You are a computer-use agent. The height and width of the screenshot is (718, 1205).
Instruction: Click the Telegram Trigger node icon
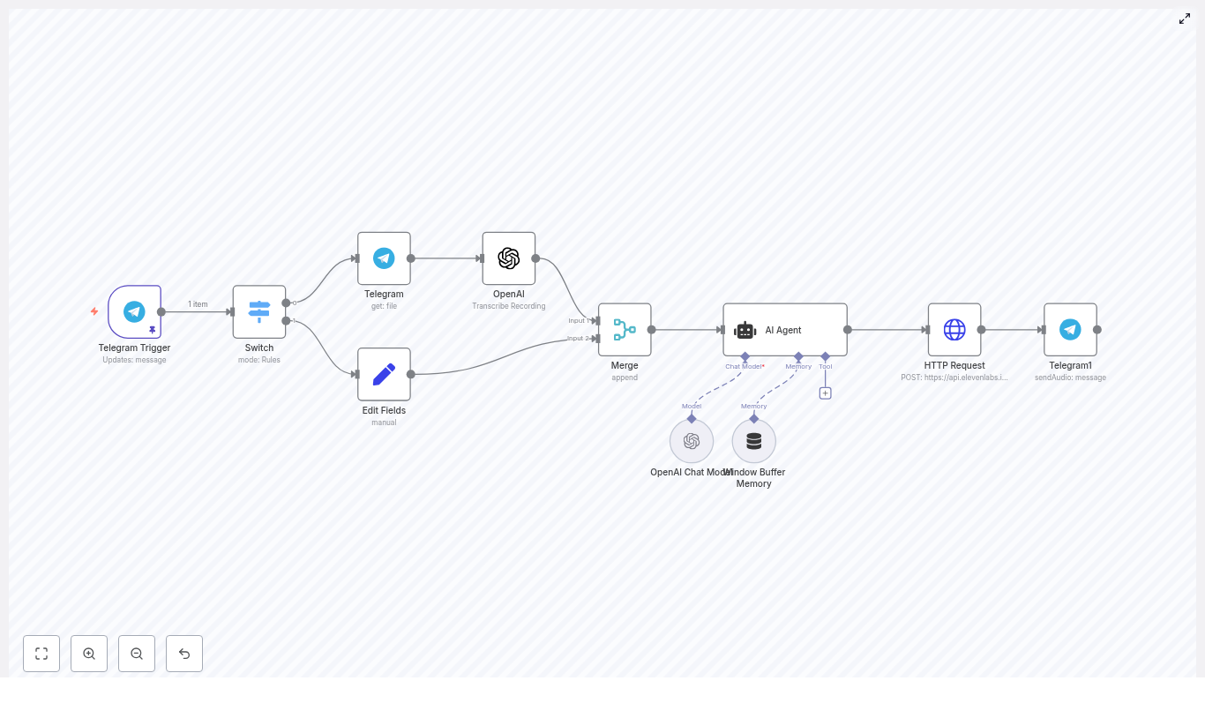click(x=134, y=311)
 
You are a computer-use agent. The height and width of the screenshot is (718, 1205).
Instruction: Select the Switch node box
click(x=259, y=311)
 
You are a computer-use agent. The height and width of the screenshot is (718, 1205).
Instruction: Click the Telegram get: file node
click(x=384, y=258)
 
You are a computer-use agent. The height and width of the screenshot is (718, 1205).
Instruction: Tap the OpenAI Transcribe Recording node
click(x=509, y=258)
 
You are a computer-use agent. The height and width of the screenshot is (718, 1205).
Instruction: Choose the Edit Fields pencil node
click(x=384, y=374)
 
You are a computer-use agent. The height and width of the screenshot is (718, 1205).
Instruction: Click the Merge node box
click(x=625, y=330)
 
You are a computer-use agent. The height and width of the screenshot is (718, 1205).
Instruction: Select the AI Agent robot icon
click(x=745, y=331)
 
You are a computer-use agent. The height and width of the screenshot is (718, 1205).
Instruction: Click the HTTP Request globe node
click(x=954, y=330)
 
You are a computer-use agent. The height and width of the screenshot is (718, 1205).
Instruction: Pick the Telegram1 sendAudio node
click(x=1070, y=330)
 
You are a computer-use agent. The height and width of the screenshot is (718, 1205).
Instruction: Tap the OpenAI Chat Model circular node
click(x=692, y=441)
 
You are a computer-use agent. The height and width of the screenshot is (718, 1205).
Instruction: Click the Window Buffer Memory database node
click(x=754, y=441)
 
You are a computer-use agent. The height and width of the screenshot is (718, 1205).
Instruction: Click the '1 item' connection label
click(x=198, y=304)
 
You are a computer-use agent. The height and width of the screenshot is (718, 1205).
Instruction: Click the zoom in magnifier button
click(x=89, y=654)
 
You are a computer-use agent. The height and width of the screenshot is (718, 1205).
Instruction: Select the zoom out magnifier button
click(x=137, y=654)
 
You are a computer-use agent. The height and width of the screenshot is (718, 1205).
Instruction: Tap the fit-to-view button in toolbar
click(x=41, y=654)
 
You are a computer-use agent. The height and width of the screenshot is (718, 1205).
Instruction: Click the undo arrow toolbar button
click(x=184, y=654)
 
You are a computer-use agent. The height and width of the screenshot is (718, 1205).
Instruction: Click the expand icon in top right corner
click(x=1185, y=19)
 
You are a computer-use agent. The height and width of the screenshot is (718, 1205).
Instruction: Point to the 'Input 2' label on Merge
click(x=579, y=339)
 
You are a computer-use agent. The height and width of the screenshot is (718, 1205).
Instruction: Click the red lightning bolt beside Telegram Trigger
click(x=94, y=311)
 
